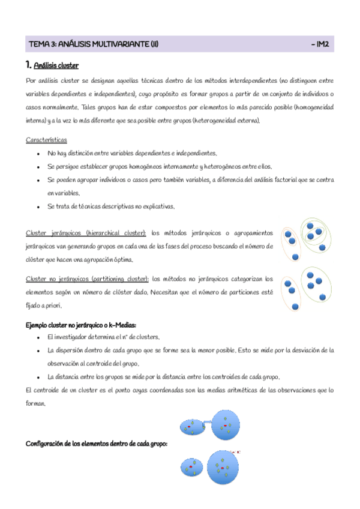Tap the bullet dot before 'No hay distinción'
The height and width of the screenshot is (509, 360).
(x=38, y=153)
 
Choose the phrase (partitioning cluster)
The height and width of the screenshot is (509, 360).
(x=119, y=279)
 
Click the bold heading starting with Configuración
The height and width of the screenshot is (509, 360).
(x=96, y=444)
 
